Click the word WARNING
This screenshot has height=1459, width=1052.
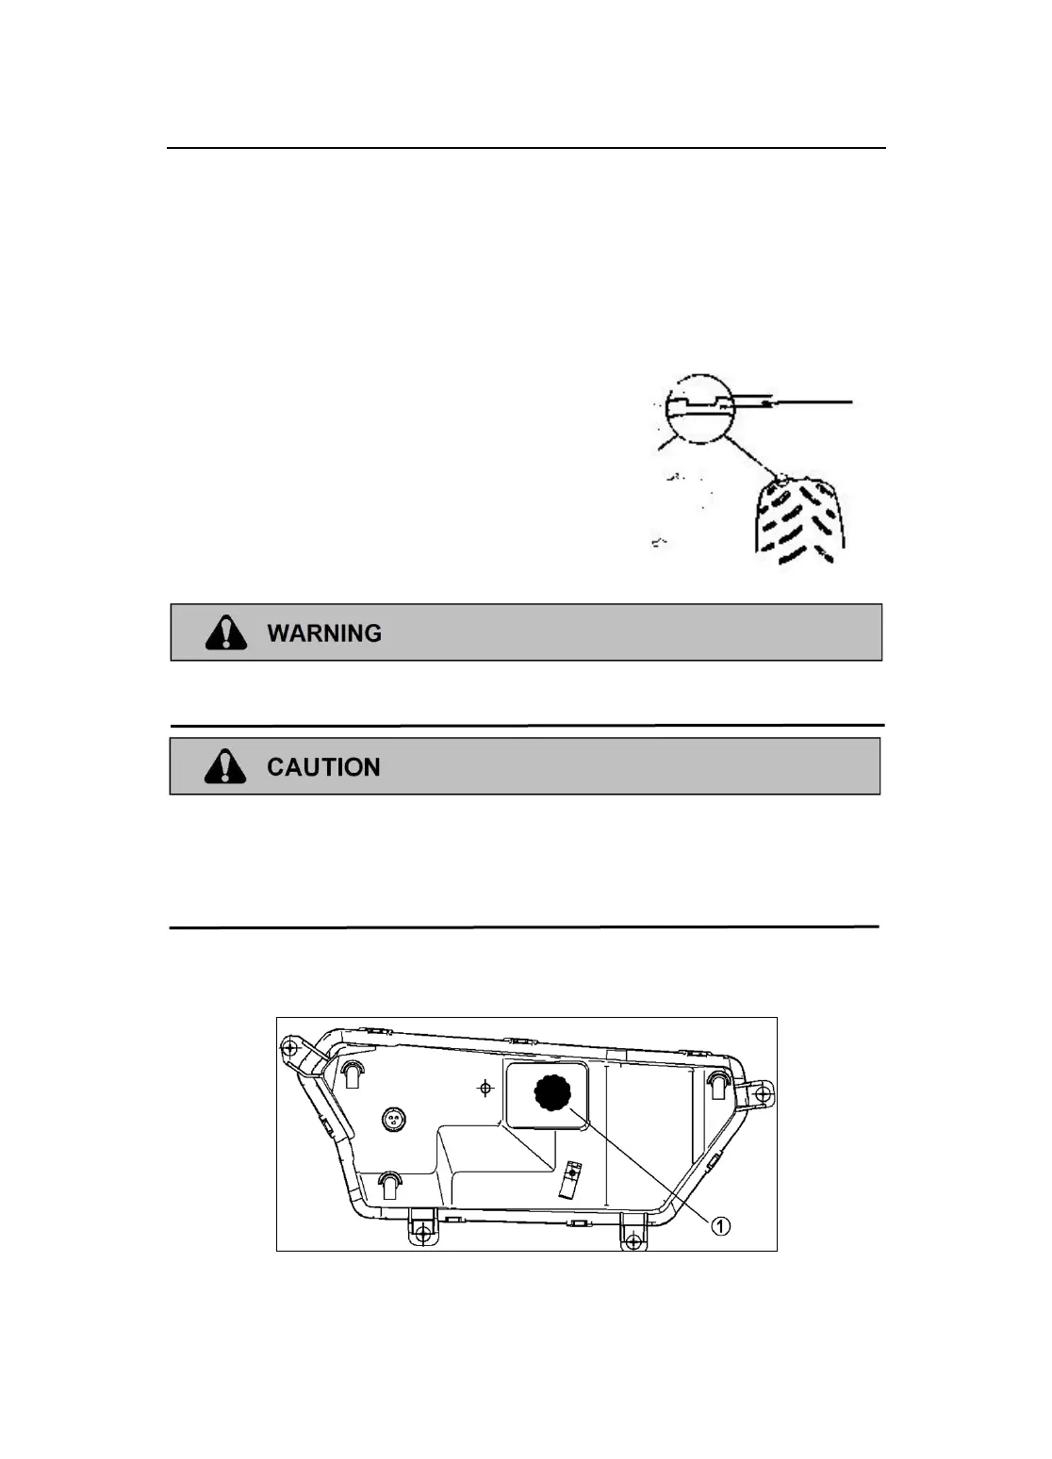pyautogui.click(x=324, y=633)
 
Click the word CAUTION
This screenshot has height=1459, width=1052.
pyautogui.click(x=323, y=767)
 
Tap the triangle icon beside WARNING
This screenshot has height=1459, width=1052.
pyautogui.click(x=226, y=632)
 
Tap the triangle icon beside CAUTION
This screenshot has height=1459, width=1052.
pyautogui.click(x=225, y=766)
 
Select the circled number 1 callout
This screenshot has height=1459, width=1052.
pyautogui.click(x=719, y=1225)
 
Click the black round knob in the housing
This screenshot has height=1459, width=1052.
pyautogui.click(x=552, y=1092)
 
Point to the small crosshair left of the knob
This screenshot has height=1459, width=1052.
pyautogui.click(x=485, y=1089)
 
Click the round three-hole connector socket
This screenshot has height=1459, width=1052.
pyautogui.click(x=394, y=1119)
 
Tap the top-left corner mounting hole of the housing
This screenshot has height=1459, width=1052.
pyautogui.click(x=290, y=1048)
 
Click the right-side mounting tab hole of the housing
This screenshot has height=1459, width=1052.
pyautogui.click(x=763, y=1094)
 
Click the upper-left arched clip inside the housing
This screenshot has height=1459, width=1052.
pyautogui.click(x=352, y=1073)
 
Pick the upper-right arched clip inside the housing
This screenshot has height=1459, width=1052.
pyautogui.click(x=717, y=1084)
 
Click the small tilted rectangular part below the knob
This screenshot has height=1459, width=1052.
pyautogui.click(x=569, y=1179)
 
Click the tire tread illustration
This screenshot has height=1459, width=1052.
pyautogui.click(x=799, y=521)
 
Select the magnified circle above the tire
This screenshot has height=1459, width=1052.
pyautogui.click(x=699, y=408)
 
